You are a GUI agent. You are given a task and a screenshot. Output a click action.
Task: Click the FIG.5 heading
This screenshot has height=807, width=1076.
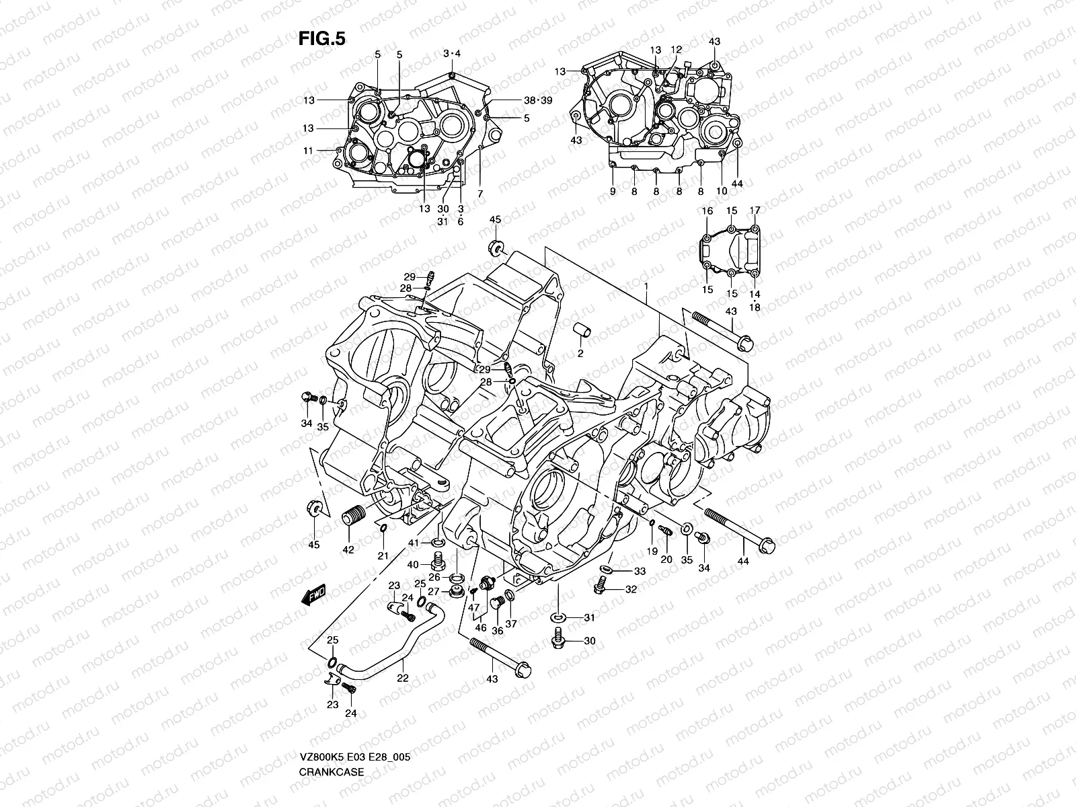coord(321,39)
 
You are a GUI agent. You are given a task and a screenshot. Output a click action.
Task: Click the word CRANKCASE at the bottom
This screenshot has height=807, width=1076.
coord(332,734)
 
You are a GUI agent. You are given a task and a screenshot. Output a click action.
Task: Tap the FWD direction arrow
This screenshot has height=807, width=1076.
coord(313,595)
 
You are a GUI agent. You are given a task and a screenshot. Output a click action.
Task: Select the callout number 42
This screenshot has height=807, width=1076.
coord(348,549)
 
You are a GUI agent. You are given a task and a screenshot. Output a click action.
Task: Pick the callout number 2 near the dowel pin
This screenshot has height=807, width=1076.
coord(580,353)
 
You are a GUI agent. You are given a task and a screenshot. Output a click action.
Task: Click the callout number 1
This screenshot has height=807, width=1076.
coord(646,285)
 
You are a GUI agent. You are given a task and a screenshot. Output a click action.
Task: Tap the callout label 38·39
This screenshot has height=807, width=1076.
coord(537,100)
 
